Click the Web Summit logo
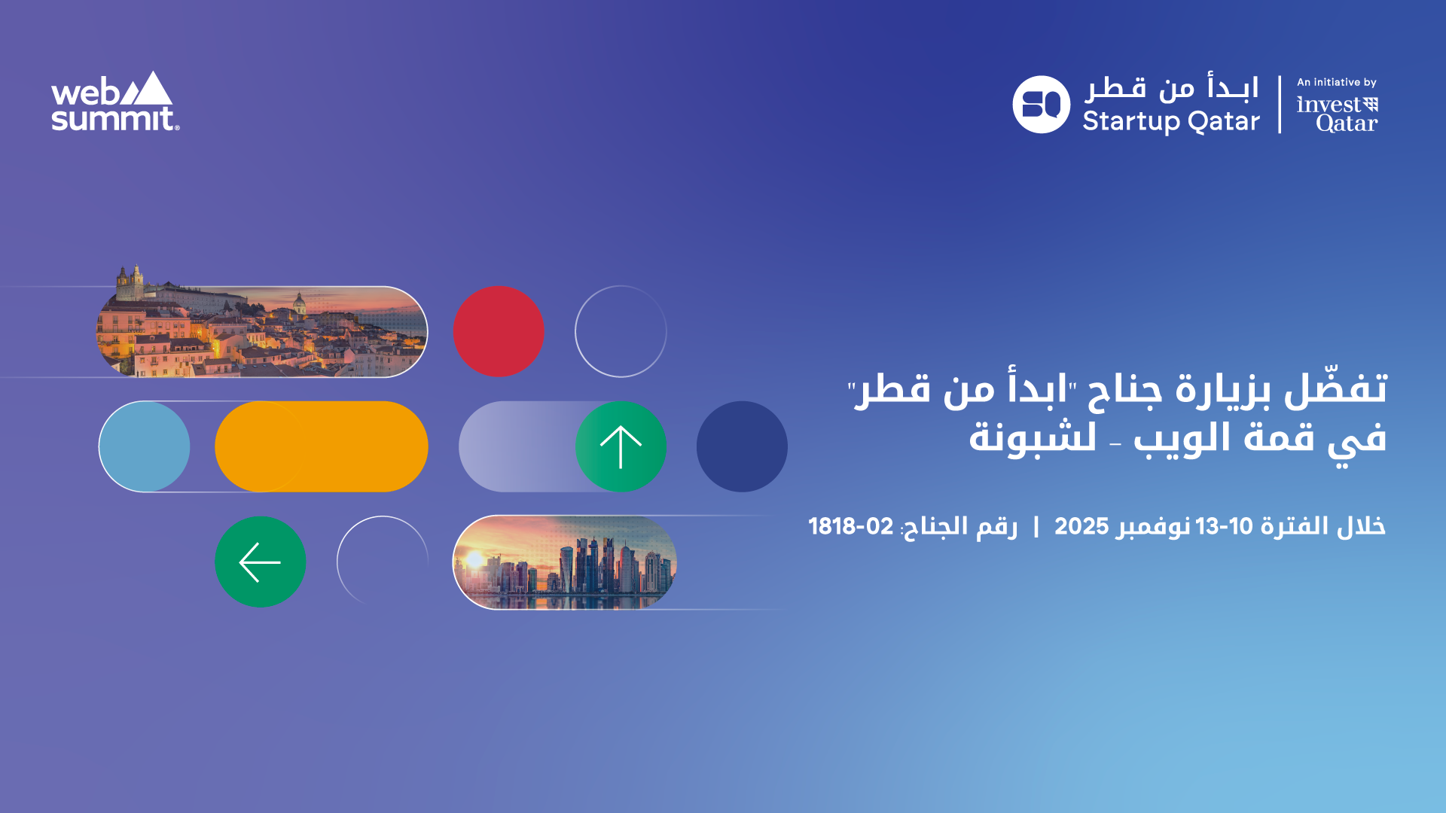[115, 102]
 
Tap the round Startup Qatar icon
[1041, 105]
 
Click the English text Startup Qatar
[1171, 121]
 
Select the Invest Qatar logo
[1338, 114]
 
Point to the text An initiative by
[1337, 82]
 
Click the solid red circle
[499, 331]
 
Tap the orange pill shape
[322, 446]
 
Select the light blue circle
[145, 446]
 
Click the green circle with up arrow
[621, 446]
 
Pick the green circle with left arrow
[261, 562]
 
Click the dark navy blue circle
[742, 446]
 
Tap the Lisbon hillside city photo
[262, 324]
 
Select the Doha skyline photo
[565, 562]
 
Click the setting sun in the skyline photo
[475, 560]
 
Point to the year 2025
[1081, 526]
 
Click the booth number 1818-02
[851, 526]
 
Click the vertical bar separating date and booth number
[1036, 527]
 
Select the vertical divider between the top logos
[1280, 105]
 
